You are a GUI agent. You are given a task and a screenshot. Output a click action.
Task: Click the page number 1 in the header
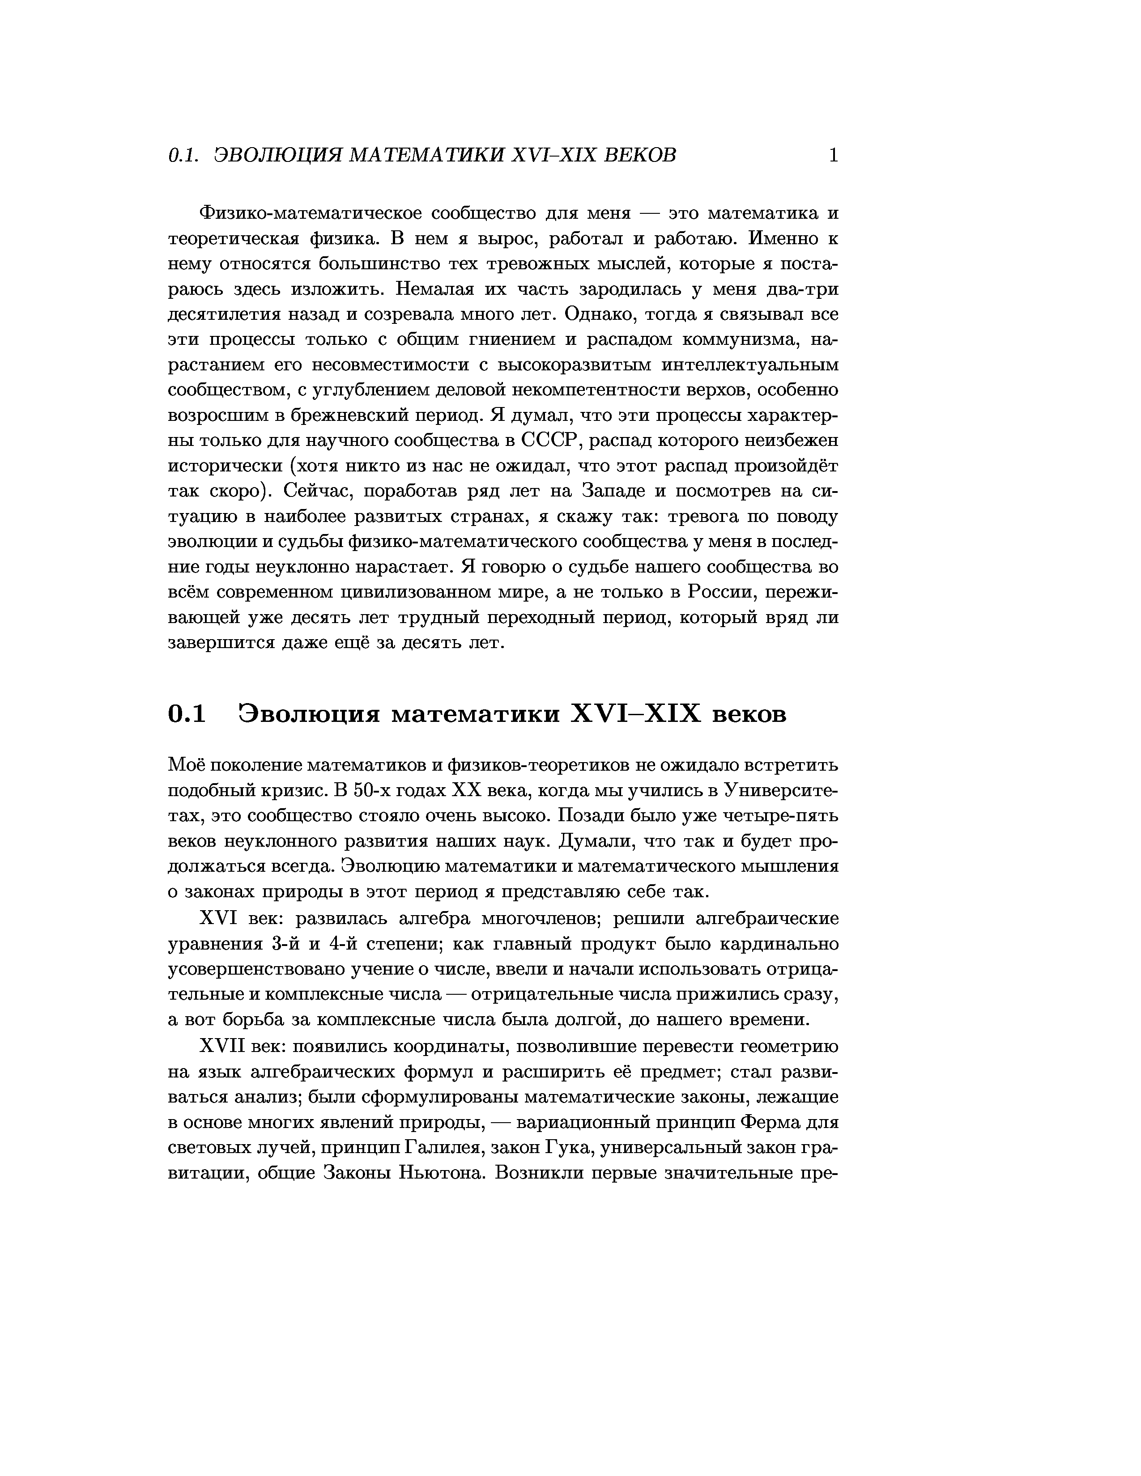(x=833, y=156)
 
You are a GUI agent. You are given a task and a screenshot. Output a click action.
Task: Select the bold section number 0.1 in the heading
(x=187, y=714)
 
